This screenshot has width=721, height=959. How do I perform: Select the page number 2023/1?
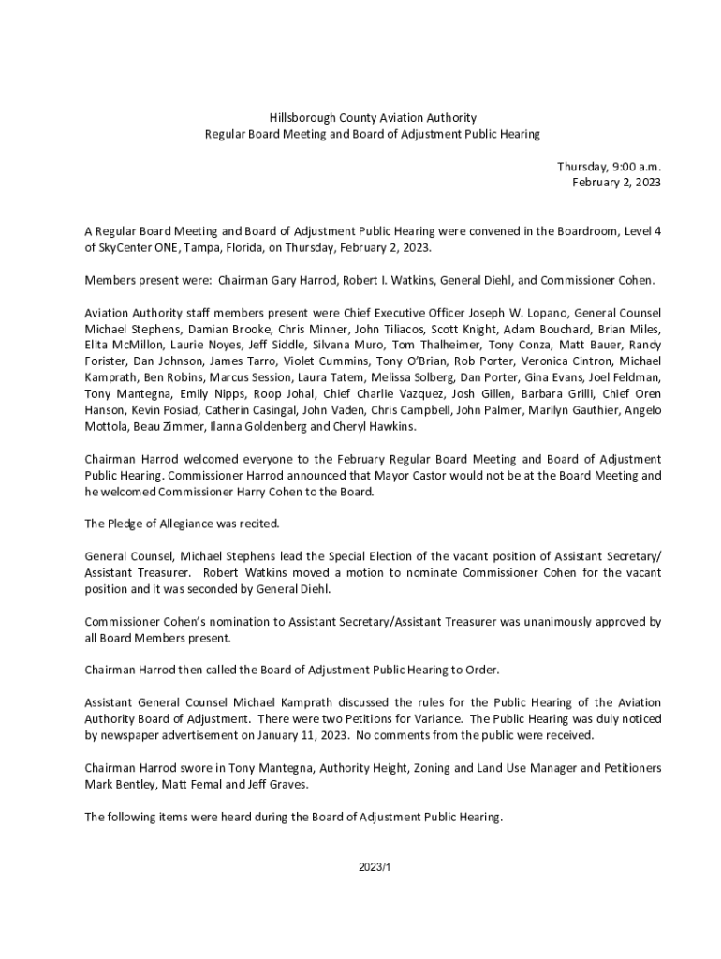click(x=374, y=868)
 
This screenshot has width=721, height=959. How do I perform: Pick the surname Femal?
click(x=222, y=784)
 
